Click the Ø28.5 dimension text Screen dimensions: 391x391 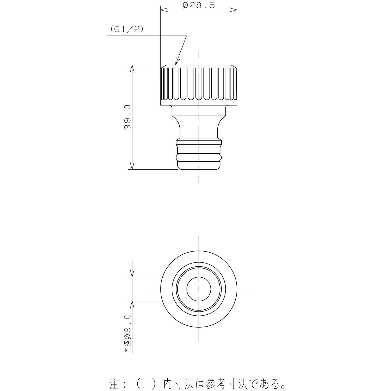[199, 5]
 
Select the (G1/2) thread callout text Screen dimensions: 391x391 [127, 29]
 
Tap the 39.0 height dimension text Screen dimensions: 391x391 [127, 118]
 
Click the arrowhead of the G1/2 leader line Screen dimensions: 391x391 [177, 61]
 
